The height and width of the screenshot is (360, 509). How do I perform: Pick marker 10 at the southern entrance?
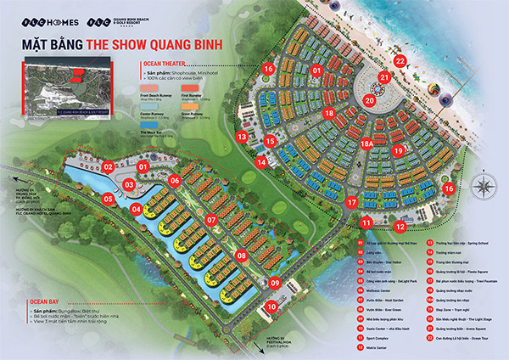(271, 307)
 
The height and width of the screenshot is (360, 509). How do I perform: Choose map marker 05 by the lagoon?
(109, 199)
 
